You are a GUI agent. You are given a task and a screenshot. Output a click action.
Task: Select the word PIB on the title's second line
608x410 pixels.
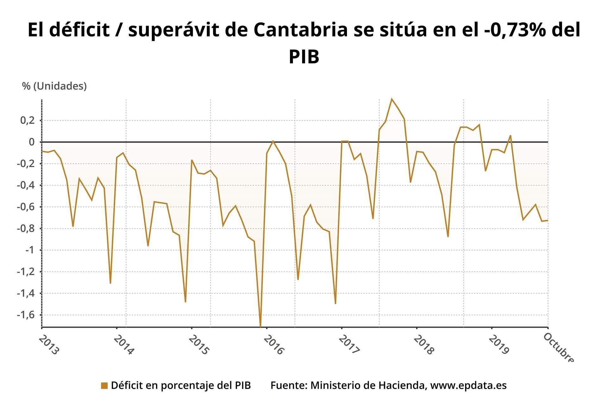[x=304, y=57]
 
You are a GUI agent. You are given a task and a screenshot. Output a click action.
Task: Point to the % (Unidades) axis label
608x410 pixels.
[x=54, y=86]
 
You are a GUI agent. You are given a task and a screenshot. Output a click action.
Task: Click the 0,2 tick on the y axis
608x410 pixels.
[x=27, y=120]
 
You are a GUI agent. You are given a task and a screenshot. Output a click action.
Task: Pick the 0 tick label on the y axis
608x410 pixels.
[x=32, y=142]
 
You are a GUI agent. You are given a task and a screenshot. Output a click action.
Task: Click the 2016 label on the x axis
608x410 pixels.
[x=274, y=345]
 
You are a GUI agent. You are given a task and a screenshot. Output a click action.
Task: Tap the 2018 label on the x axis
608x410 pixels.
[x=423, y=345]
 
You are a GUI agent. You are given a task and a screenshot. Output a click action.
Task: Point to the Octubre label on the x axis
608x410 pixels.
[x=558, y=348]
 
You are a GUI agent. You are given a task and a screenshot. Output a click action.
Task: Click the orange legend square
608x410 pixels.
[x=104, y=386]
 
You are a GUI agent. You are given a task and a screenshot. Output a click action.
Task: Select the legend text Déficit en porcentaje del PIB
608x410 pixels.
[x=181, y=385]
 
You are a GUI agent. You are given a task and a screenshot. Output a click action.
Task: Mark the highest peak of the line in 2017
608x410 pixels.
[x=392, y=99]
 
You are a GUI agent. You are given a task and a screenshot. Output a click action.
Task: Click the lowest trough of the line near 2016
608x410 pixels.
[x=260, y=326]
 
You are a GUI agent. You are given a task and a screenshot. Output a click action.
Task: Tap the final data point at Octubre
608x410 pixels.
[x=548, y=221]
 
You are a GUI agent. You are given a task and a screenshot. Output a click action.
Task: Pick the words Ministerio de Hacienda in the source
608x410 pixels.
[x=367, y=385]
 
